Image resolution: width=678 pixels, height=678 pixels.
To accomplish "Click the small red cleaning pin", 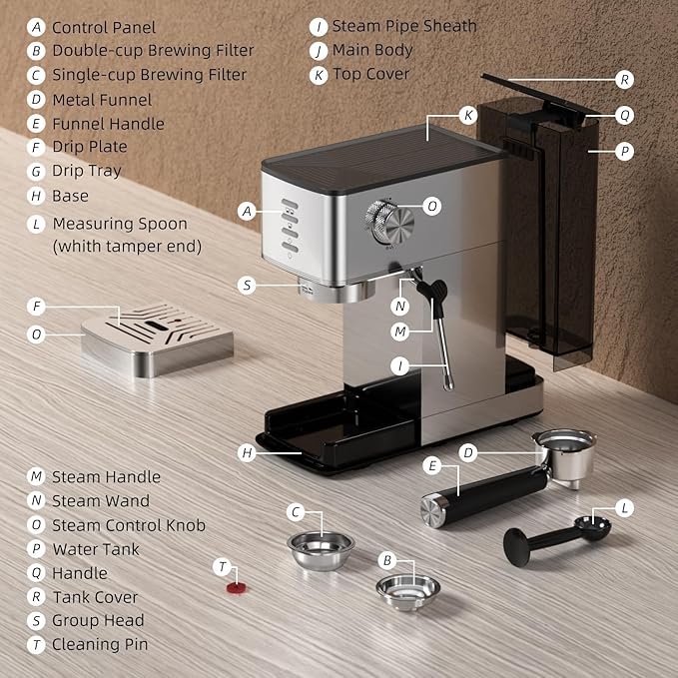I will tap(236, 587).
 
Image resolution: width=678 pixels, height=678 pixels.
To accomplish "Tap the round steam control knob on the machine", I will tap(383, 219).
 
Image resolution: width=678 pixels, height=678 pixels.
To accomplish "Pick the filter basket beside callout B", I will tap(408, 589).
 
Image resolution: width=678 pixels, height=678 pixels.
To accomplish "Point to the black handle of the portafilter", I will tap(483, 495).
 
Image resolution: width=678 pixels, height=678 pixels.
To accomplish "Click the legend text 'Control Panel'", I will tap(104, 27).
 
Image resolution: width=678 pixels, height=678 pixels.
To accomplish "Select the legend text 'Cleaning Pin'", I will tap(100, 644).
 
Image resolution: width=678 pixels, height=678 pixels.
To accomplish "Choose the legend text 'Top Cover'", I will tap(371, 75).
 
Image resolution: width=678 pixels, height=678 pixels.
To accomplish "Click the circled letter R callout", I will tap(624, 79).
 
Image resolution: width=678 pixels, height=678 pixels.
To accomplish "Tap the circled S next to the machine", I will tap(248, 285).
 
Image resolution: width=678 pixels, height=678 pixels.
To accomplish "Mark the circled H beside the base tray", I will tap(248, 452).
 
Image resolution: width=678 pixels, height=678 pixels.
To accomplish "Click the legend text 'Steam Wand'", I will tap(101, 501).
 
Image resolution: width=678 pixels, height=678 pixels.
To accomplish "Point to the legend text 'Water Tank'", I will tap(96, 549).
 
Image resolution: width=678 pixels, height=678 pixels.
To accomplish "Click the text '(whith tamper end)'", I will tap(127, 246).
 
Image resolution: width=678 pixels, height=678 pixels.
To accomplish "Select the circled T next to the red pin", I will tap(223, 566).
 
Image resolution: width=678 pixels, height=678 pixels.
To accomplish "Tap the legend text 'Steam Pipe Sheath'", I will tap(404, 26).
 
